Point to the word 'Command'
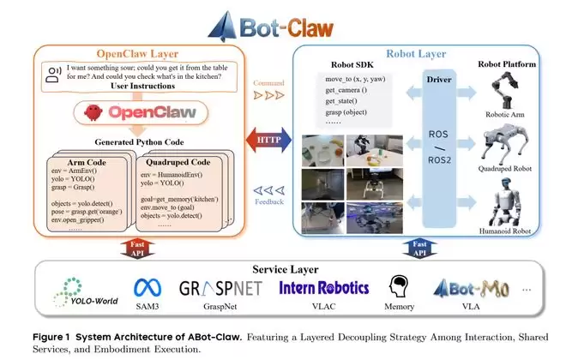click(268, 83)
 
